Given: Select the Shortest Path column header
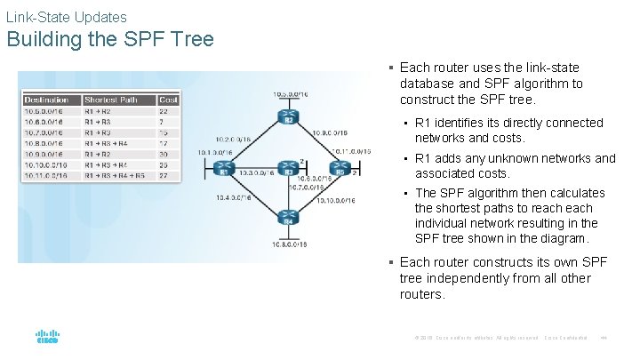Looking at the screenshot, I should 111,100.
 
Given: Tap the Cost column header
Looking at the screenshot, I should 168,100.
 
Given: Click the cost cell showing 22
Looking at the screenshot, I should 164,111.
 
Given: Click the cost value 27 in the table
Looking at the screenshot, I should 164,176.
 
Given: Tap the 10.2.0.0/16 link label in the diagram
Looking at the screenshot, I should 234,139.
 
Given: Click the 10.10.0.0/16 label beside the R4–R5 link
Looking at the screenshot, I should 336,202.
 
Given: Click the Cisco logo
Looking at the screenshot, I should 47,338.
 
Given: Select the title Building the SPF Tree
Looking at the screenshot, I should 110,40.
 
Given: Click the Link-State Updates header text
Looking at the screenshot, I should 67,17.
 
